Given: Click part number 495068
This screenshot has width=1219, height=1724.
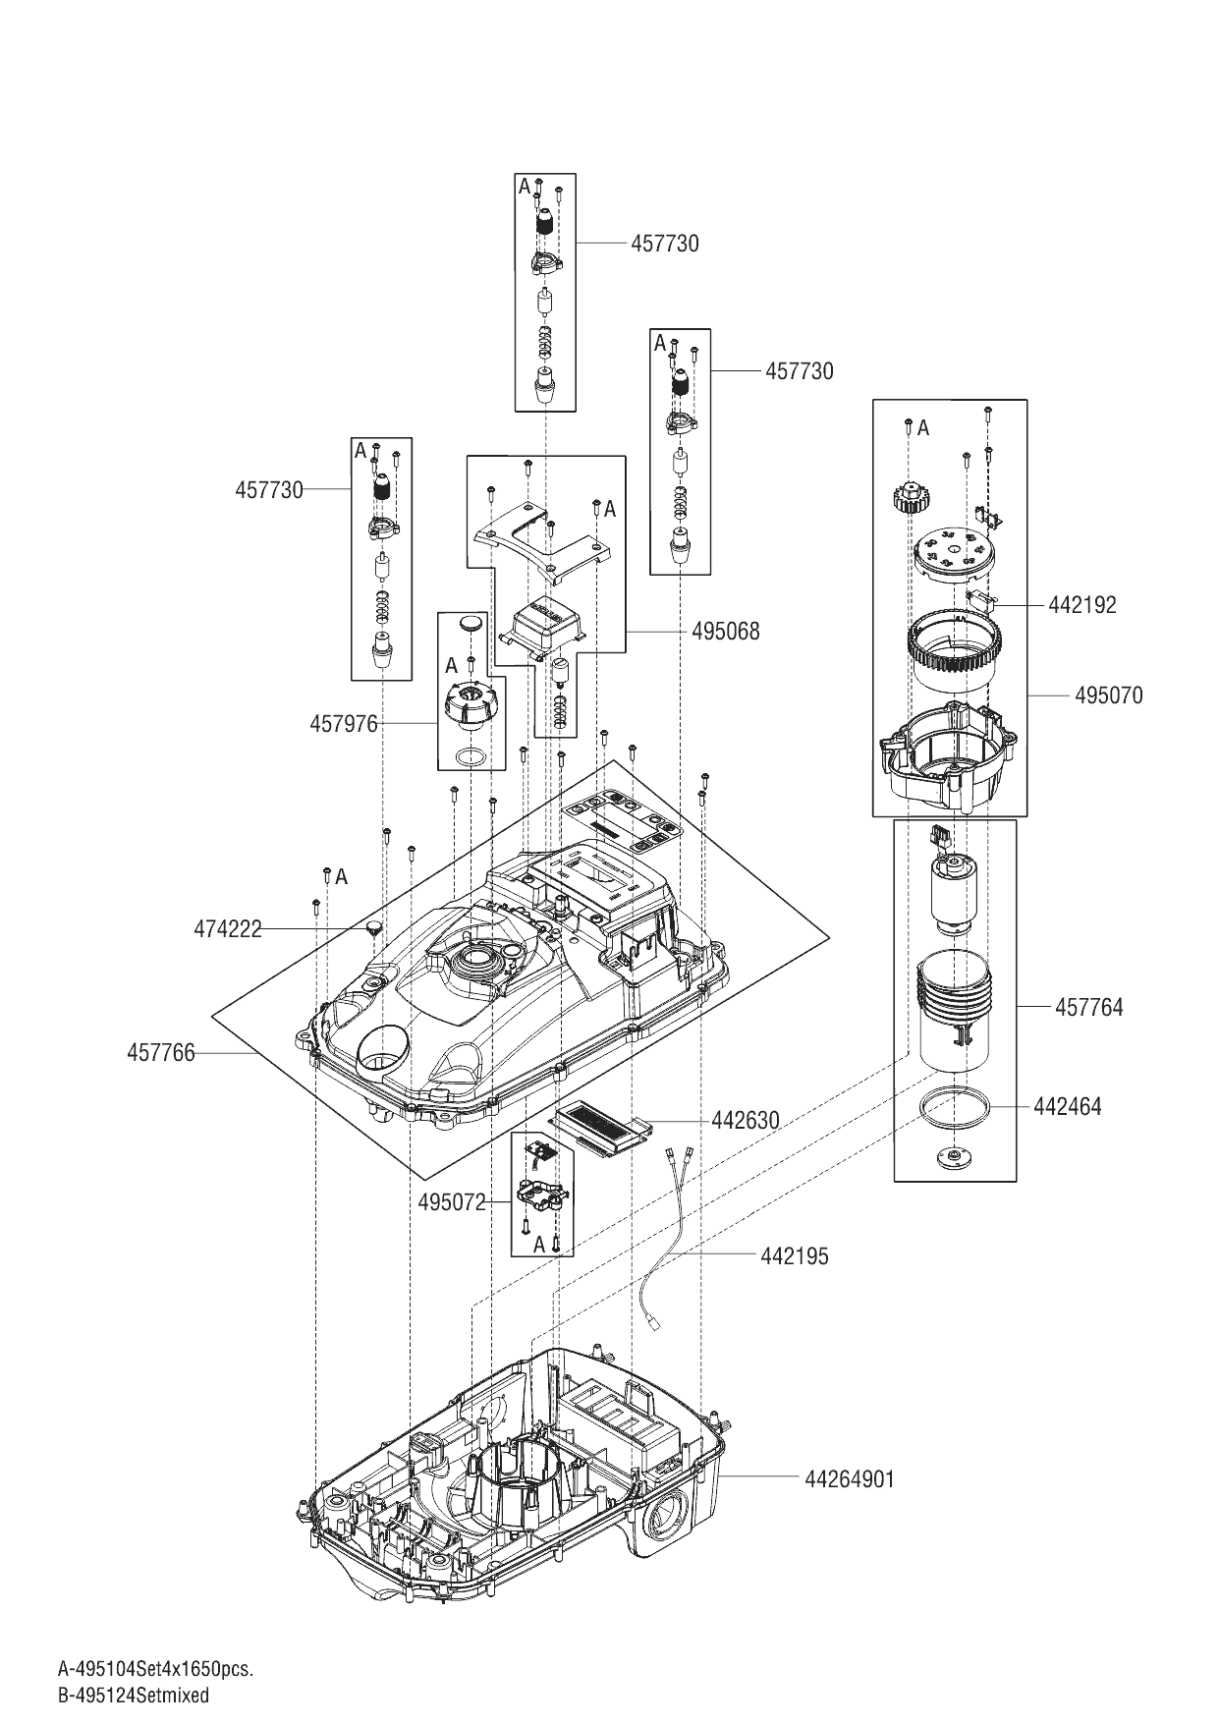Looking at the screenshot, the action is (725, 631).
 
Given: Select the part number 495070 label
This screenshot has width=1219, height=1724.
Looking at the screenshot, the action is (1109, 695).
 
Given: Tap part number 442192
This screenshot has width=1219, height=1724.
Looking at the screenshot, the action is (1082, 605).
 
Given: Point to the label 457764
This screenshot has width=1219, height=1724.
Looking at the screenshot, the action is (1089, 1007).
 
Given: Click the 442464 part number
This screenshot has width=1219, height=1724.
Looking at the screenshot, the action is (1068, 1107).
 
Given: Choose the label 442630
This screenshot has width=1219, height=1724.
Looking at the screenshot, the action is (746, 1121).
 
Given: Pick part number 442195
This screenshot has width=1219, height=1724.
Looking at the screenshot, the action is (795, 1256).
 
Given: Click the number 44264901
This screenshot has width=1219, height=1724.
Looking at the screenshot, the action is (850, 1479).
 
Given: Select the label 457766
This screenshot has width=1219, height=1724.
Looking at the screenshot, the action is (161, 1053).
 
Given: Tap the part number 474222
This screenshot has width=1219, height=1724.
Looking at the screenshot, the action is (228, 928).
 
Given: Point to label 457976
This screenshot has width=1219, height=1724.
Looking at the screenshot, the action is (344, 725).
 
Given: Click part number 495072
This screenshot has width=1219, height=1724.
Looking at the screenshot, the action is (452, 1202).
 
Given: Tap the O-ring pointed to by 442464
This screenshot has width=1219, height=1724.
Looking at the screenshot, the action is (954, 1107).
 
